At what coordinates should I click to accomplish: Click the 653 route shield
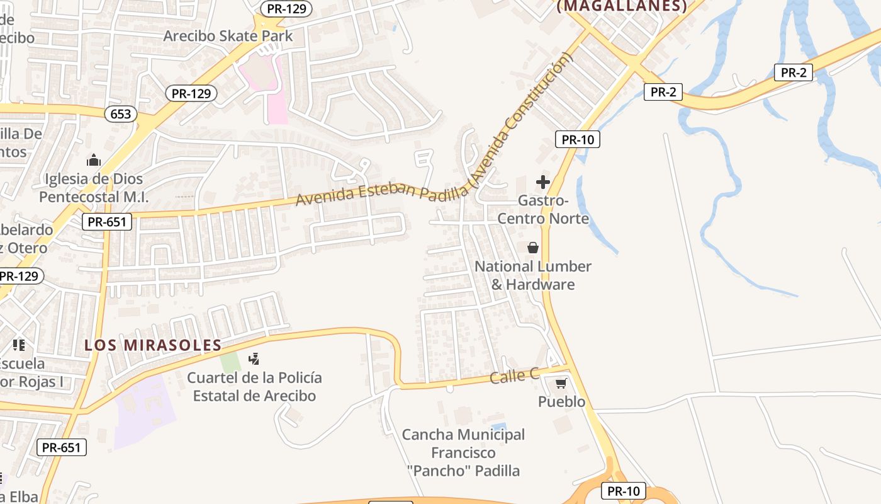coord(121,113)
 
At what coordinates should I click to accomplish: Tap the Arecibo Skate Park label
coord(228,36)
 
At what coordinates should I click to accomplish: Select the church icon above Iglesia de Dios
coord(94,160)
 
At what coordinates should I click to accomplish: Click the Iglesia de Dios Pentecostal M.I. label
coord(94,188)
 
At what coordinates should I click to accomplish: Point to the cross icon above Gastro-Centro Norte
coord(542,183)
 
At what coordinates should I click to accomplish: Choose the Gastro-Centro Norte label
coord(543,210)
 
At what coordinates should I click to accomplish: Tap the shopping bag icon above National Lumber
coord(533,248)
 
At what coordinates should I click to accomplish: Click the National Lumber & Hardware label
coord(533,275)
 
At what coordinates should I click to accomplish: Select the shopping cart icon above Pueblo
coord(561,383)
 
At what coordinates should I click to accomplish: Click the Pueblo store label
coord(561,402)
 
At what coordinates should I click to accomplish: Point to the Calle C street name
coord(515,376)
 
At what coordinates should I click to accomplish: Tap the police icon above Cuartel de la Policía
coord(254,359)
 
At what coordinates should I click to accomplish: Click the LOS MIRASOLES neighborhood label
coord(153,345)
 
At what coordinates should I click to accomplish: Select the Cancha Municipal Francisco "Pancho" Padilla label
coord(463,452)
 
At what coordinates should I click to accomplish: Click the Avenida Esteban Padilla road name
coord(381,192)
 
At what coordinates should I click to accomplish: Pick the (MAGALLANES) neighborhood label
coord(622,6)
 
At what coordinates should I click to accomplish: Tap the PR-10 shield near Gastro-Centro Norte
coord(577,139)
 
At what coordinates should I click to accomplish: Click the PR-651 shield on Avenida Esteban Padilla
coord(106,222)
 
